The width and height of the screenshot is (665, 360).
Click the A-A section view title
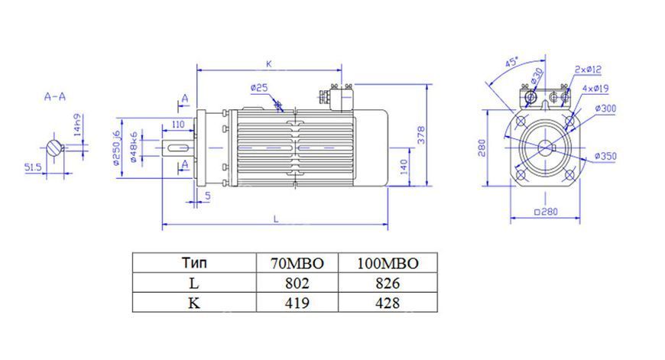[55, 96]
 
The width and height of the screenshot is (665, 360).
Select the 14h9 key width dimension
[77, 125]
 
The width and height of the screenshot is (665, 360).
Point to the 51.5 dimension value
[33, 167]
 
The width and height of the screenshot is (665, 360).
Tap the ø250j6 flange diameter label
[116, 148]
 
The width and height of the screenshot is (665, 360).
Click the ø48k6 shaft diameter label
[133, 148]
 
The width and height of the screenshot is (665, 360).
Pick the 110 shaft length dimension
[179, 124]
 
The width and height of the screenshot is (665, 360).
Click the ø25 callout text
[258, 88]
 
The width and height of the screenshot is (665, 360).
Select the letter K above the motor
[268, 64]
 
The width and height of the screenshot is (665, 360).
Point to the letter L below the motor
[276, 219]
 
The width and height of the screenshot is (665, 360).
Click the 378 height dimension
[421, 135]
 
